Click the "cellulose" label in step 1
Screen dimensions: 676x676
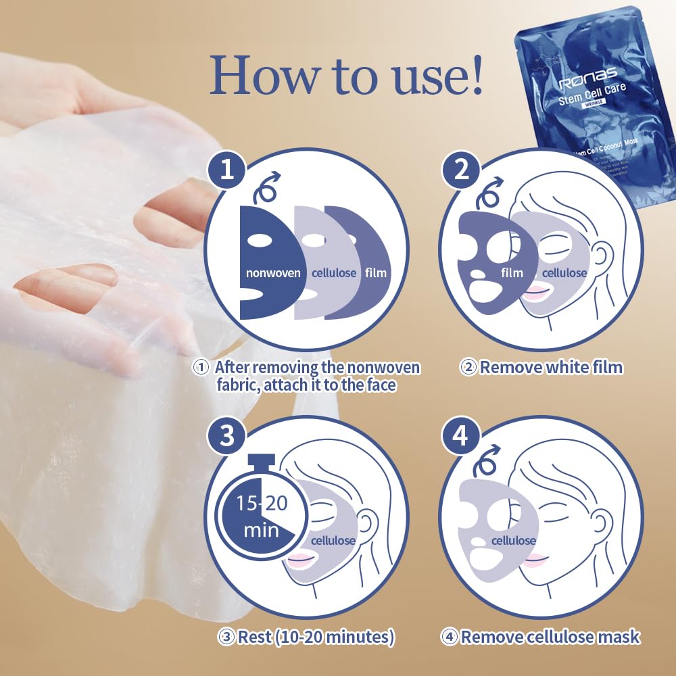pos(333,273)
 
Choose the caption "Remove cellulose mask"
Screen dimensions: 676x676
pos(541,636)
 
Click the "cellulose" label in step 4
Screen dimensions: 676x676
pos(513,540)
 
